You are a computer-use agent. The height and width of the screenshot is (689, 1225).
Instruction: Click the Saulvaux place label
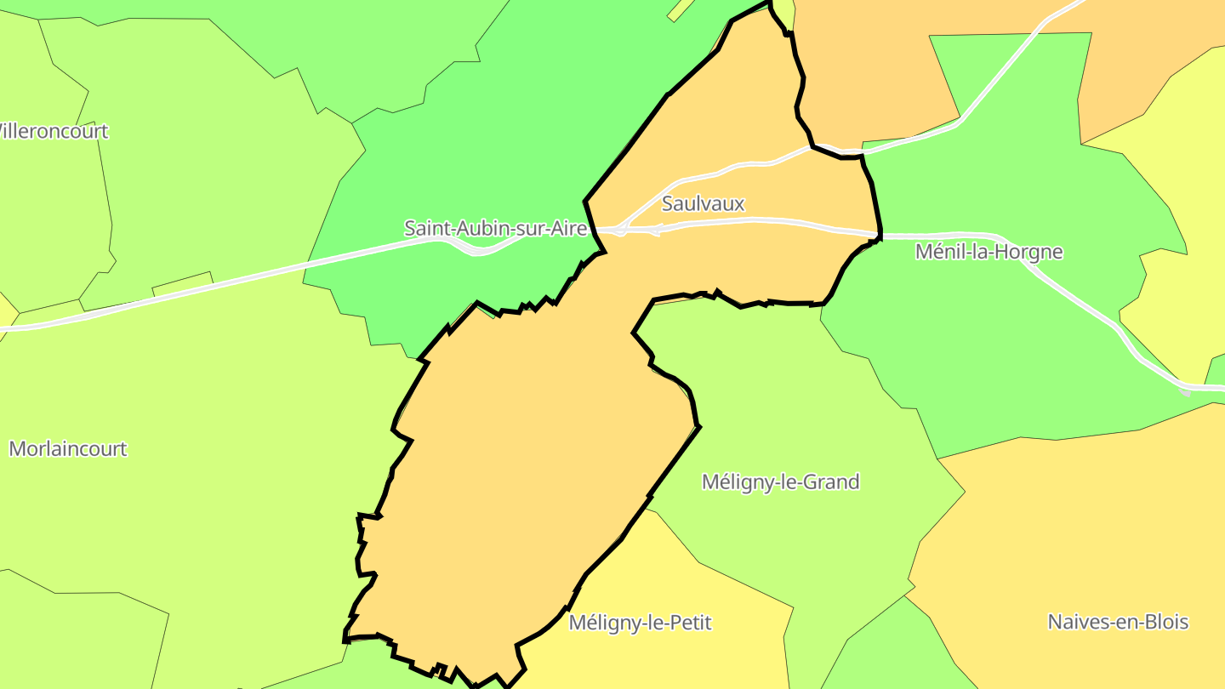point(703,204)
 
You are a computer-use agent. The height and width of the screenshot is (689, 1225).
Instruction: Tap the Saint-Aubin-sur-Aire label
point(495,228)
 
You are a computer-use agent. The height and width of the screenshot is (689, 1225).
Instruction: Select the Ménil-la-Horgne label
point(989,252)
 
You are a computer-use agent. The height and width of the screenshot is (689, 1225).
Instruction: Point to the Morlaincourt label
point(68,449)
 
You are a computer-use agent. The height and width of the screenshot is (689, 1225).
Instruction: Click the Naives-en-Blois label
point(1118,622)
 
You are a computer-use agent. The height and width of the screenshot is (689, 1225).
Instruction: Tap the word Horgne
point(1032,252)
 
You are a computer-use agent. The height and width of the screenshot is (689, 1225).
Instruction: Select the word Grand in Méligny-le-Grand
point(834,482)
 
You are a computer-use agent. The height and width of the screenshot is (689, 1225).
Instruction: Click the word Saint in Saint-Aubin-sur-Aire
point(427,228)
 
